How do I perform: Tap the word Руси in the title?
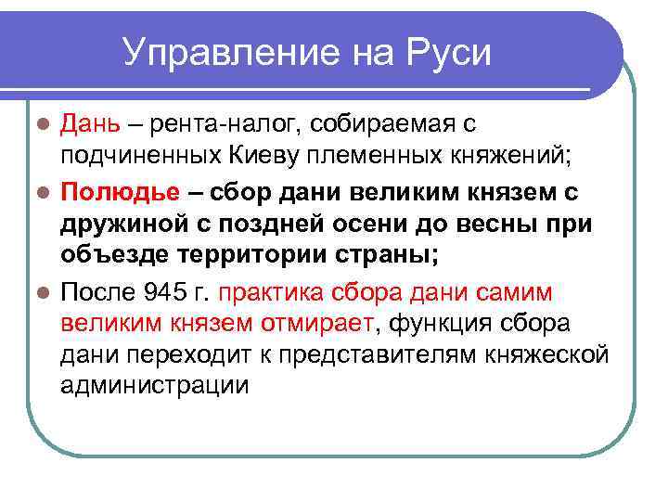[x=446, y=53]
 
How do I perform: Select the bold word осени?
[x=379, y=225]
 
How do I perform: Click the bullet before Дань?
[x=42, y=124]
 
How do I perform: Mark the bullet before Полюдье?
[x=42, y=193]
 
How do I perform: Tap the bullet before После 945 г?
[x=42, y=294]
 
